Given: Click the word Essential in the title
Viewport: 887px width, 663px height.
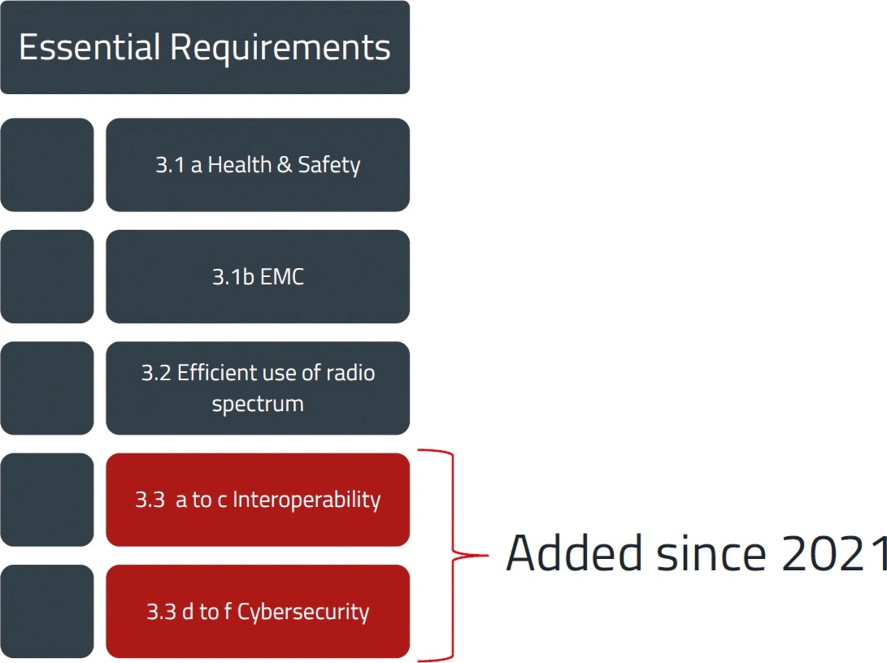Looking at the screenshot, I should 89,47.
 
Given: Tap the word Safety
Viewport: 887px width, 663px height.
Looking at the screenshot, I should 329,166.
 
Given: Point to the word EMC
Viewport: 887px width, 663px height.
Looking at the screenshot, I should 282,277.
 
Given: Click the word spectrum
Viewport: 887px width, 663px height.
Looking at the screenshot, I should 258,404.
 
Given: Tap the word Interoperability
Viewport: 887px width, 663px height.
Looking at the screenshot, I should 306,500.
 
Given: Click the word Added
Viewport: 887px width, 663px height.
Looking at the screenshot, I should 574,554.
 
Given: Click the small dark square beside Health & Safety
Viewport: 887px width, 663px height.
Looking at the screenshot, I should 47,165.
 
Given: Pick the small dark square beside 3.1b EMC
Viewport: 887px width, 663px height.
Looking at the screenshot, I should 47,276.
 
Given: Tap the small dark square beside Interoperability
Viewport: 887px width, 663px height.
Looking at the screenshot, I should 47,500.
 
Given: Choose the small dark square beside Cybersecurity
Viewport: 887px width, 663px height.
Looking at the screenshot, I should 47,611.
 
